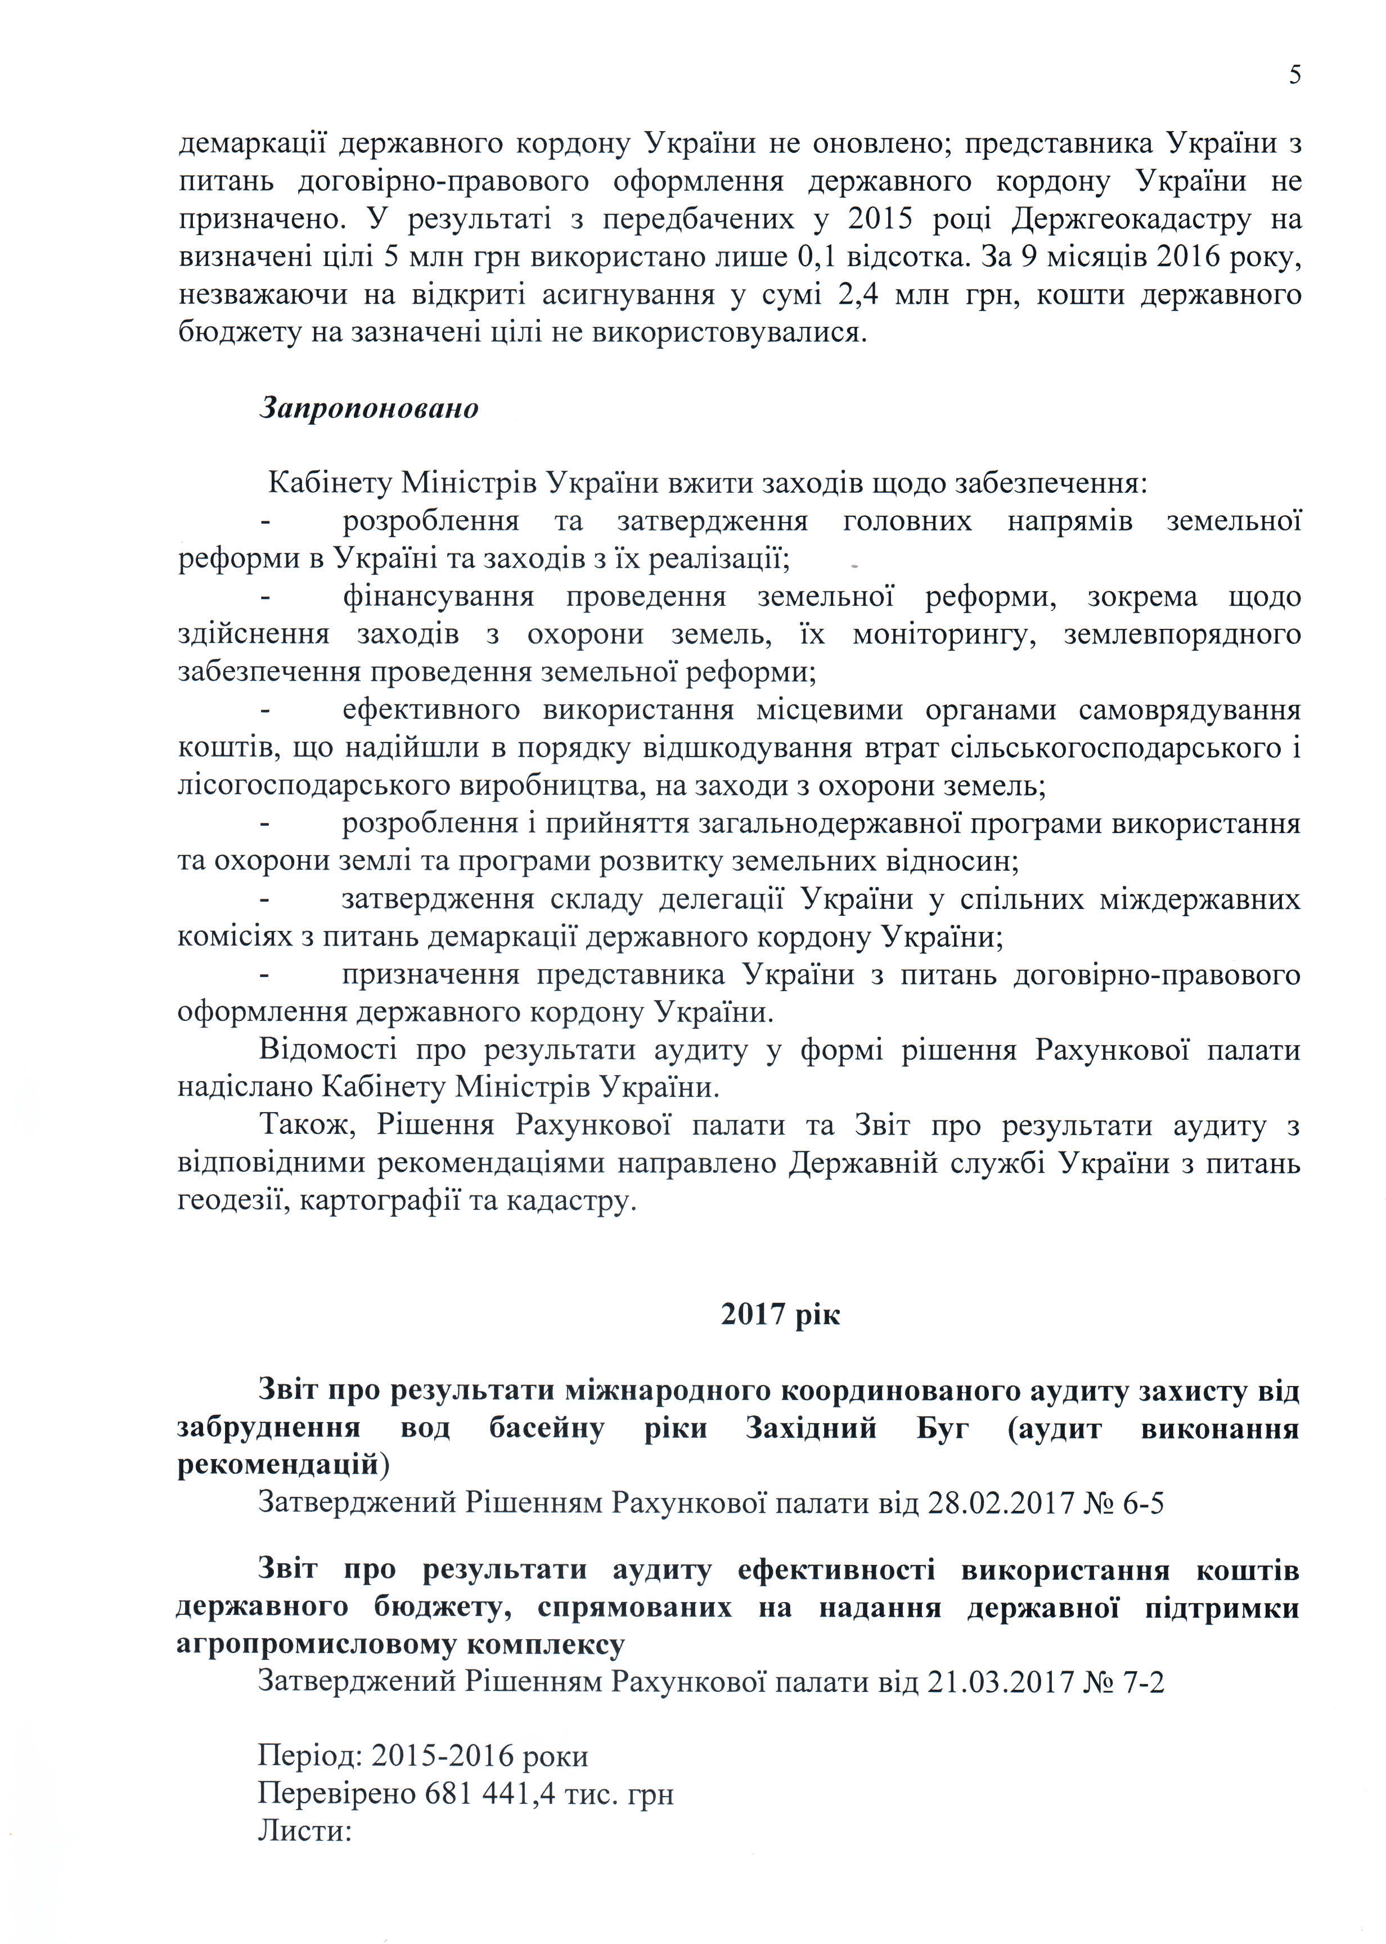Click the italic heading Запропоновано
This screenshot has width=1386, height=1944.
click(x=368, y=408)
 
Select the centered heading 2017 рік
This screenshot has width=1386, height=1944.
click(x=780, y=1314)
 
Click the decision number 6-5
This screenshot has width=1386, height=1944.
click(x=1141, y=1502)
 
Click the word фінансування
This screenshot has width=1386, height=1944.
click(x=438, y=596)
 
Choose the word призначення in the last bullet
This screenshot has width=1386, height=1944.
click(x=430, y=975)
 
